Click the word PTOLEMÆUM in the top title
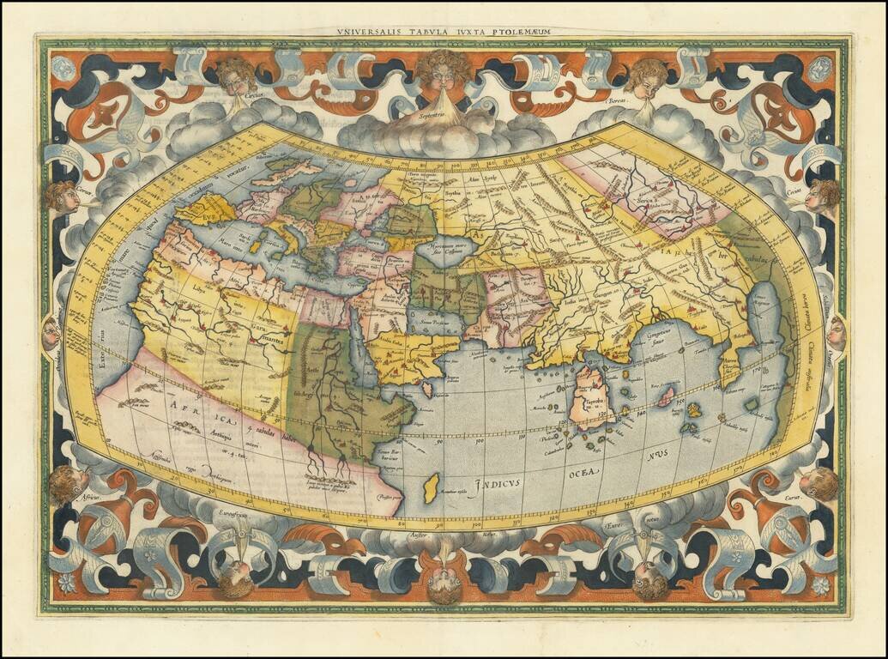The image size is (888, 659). (x=521, y=32)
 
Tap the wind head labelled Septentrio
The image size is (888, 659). (x=444, y=73)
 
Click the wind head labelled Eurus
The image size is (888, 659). (x=819, y=482)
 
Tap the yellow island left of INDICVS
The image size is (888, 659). (x=431, y=488)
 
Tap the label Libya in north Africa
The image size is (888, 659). (x=199, y=289)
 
